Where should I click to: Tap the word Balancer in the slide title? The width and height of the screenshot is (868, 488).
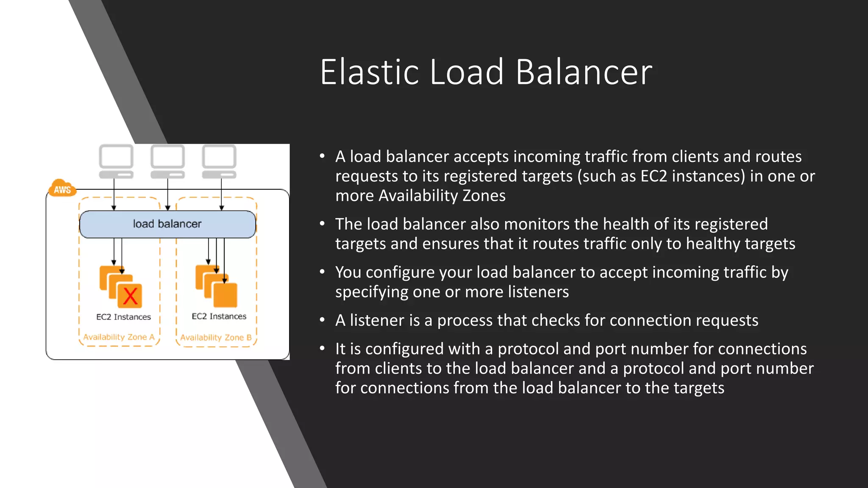coord(584,72)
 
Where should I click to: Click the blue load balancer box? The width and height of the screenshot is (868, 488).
coord(167,224)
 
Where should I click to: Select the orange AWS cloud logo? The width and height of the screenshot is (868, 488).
coord(62,189)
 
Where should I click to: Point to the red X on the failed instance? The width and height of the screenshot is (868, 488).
coord(130,296)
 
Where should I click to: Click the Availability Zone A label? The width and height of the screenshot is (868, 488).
coord(119,337)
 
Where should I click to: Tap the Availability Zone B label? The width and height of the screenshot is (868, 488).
coord(216,338)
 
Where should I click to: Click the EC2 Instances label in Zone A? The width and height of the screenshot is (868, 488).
coord(123,317)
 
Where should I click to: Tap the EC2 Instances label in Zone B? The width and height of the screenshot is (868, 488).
coord(219,316)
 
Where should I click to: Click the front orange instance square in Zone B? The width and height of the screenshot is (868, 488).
coord(225,295)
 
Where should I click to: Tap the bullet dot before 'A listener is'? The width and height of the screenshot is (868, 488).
coord(322,320)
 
